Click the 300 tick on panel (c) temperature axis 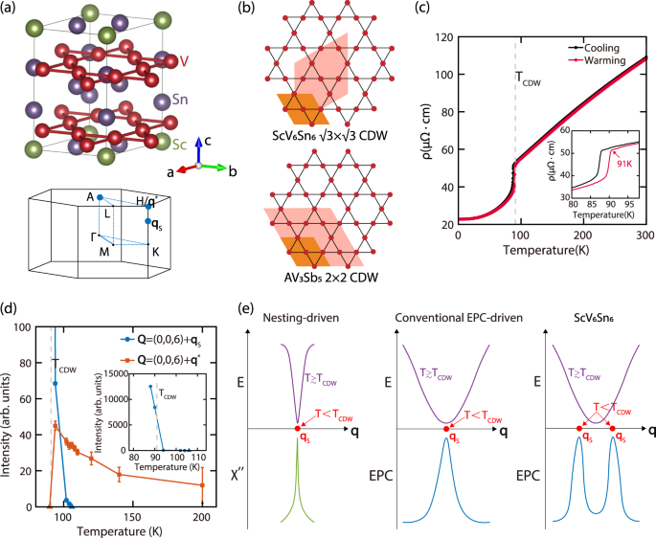pos(645,235)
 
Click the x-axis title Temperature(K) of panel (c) pos(551,252)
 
